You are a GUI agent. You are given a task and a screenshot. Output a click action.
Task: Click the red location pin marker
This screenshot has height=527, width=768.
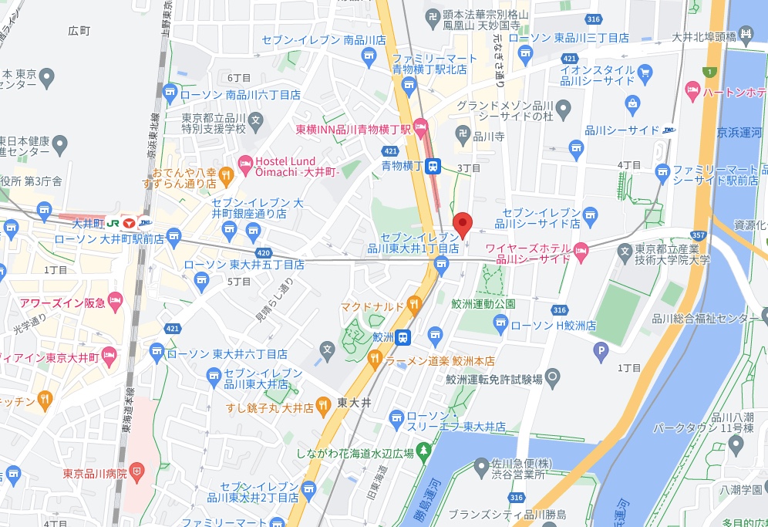click(462, 222)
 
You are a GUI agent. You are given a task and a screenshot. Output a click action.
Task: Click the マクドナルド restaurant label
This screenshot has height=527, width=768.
click(372, 306)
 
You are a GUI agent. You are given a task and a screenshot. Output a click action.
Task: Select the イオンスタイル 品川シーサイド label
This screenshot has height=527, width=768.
click(598, 75)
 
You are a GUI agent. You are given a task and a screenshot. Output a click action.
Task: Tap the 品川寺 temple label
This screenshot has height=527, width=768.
click(489, 137)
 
